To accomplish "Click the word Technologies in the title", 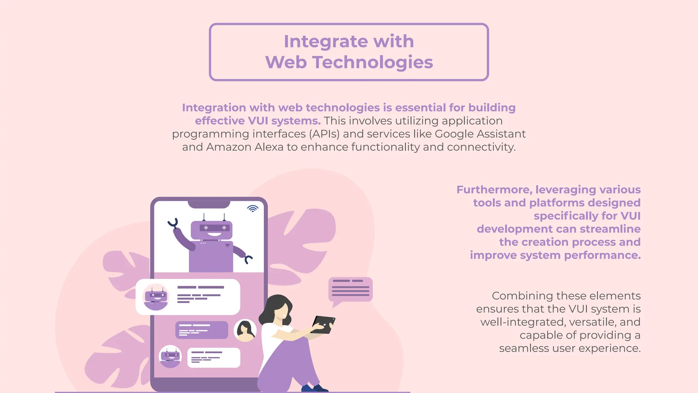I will click(x=373, y=62).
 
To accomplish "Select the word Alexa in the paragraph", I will click(x=269, y=147).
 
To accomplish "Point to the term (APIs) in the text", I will click(x=324, y=134).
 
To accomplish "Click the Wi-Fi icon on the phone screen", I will click(x=253, y=208).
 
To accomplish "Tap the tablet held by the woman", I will click(x=323, y=324).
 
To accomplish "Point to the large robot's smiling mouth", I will click(x=214, y=234).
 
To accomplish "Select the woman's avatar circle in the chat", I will click(x=245, y=330).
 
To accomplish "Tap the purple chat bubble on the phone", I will click(x=201, y=330).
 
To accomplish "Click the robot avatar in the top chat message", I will click(x=156, y=297).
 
